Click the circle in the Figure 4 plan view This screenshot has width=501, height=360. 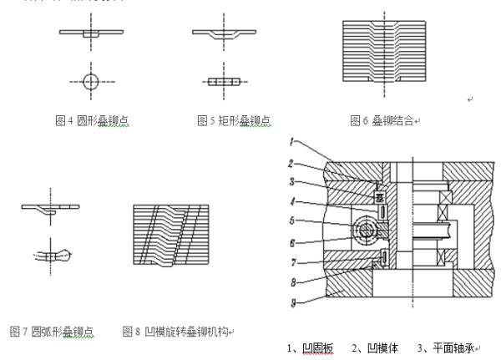[91, 81]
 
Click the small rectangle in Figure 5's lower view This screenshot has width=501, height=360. [223, 82]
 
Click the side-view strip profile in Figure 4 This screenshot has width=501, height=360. [91, 33]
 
